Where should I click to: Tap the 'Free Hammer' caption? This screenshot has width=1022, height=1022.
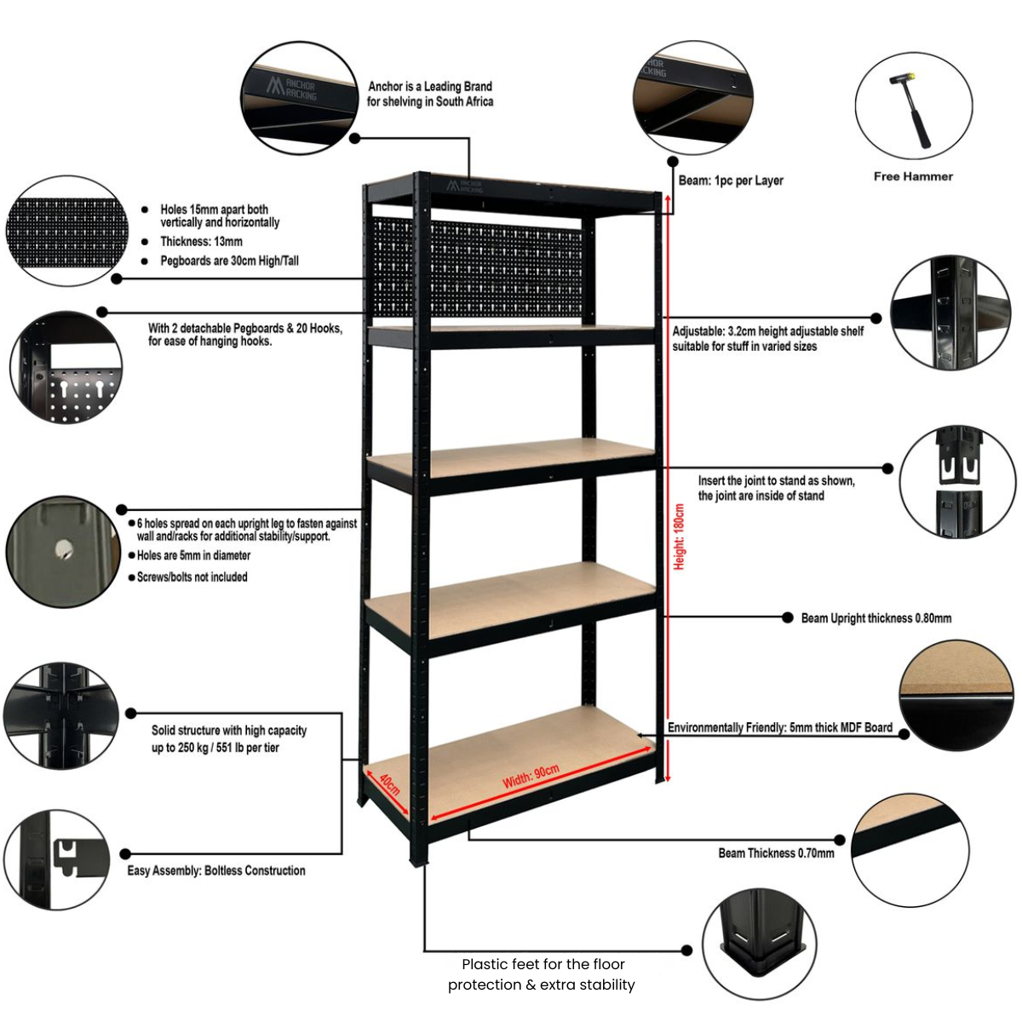[x=913, y=176]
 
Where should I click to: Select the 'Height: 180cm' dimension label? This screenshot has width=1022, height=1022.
[x=679, y=537]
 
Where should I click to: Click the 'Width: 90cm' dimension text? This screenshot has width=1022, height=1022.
[x=531, y=776]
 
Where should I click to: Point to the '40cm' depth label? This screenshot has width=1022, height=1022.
[x=389, y=784]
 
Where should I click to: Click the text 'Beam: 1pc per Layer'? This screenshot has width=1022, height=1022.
[x=731, y=181]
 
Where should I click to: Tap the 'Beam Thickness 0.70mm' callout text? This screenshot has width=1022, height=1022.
[x=776, y=853]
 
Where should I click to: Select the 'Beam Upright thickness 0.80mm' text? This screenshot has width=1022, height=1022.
[x=876, y=618]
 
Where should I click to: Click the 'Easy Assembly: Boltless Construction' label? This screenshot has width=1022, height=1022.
[x=216, y=870]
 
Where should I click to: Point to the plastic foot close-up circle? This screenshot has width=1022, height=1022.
[x=760, y=945]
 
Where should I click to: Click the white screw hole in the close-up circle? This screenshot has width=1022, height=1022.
[x=62, y=549]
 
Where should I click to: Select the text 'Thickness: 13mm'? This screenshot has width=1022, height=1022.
[x=201, y=242]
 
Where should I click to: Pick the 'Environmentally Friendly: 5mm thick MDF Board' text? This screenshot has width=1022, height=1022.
[x=779, y=727]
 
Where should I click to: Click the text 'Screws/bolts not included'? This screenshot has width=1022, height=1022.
[x=192, y=577]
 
